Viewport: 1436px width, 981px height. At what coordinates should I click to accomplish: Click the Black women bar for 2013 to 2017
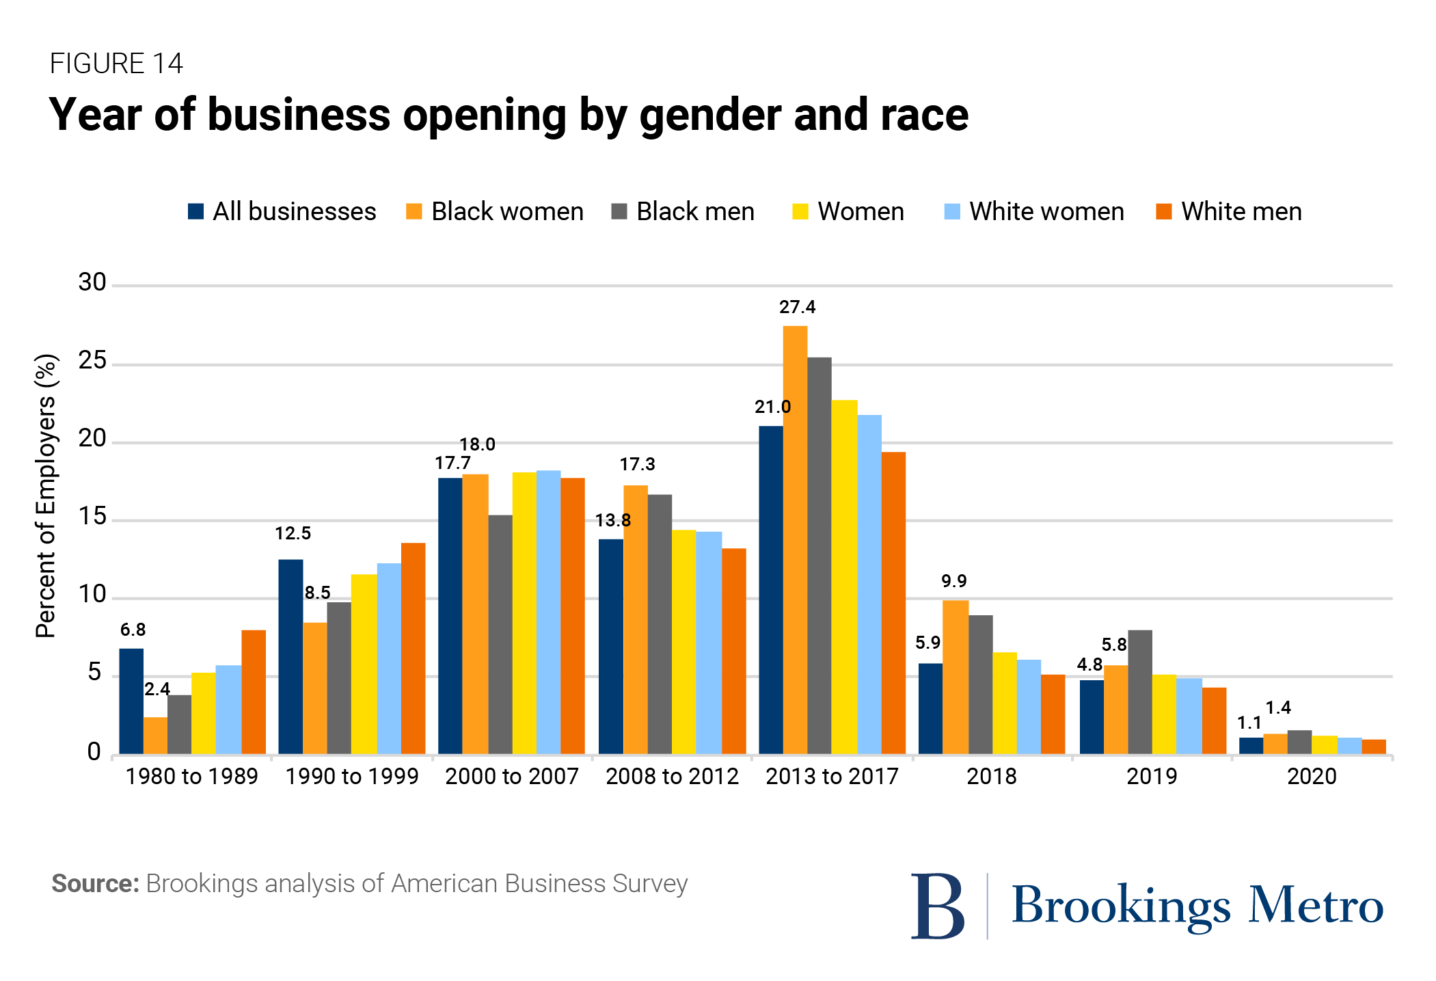tap(795, 540)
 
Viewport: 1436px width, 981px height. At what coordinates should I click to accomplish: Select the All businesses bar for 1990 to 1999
tap(290, 656)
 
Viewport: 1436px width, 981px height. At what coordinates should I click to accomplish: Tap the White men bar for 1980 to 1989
tap(254, 692)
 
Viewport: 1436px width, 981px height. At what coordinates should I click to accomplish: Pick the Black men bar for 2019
tap(1140, 692)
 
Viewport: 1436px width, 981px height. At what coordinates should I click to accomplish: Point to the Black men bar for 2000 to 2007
tap(500, 634)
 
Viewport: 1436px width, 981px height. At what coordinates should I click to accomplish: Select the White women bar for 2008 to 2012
tap(709, 643)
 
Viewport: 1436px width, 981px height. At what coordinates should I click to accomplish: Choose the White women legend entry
tap(1034, 212)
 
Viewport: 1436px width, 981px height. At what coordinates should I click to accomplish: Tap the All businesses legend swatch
tap(196, 212)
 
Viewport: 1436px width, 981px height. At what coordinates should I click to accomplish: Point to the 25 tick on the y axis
tap(92, 361)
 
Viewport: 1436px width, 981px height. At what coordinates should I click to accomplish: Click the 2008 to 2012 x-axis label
tap(672, 777)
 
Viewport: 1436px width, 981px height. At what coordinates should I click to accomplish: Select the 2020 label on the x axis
tap(1312, 777)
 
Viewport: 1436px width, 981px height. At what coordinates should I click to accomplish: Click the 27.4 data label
tap(797, 307)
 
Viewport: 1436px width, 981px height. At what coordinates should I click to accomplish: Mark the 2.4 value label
tap(157, 689)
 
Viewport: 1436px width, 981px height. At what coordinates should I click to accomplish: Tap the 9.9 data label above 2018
tap(954, 581)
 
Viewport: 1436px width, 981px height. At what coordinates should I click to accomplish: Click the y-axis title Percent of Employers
tap(46, 496)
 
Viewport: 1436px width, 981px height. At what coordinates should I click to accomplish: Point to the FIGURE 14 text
tap(116, 64)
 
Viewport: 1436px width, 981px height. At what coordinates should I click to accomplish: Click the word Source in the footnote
tap(95, 883)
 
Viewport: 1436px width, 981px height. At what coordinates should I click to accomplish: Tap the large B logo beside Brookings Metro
tap(938, 906)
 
